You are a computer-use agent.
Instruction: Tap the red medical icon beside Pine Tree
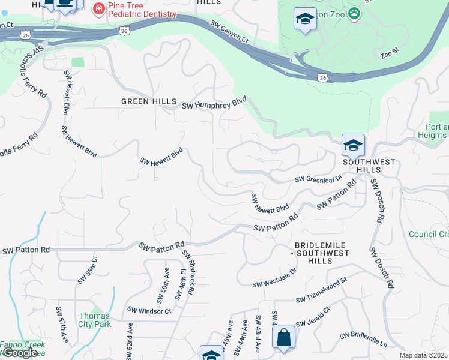97,8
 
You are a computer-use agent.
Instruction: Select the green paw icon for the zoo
355,13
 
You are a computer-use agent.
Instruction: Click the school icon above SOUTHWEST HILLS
353,145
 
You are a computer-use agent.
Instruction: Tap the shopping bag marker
283,337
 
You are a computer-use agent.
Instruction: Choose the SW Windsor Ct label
149,311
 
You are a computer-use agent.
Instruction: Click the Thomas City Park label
94,320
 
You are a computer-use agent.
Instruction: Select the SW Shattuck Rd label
188,272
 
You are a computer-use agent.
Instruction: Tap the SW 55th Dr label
86,271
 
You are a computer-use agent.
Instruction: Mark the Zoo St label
390,55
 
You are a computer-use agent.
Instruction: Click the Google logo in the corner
19,353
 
